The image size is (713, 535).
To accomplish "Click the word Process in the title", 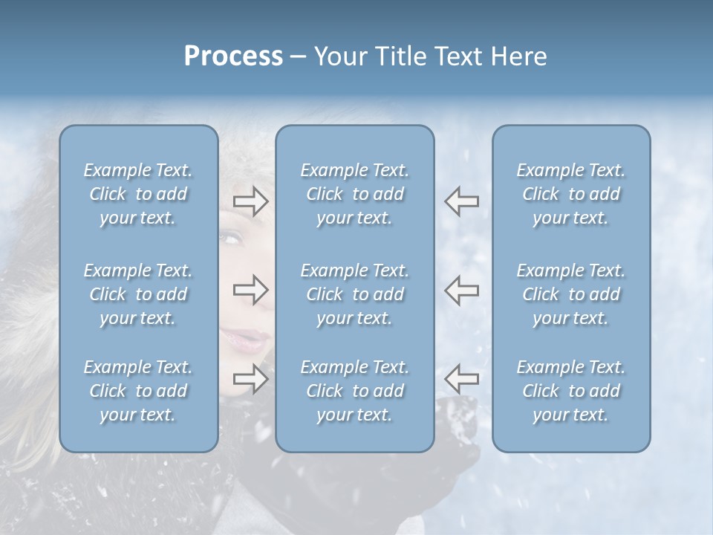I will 233,56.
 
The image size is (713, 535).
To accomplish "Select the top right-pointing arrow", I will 250,201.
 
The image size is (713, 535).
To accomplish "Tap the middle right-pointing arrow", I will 250,290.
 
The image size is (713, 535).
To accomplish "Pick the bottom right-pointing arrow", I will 250,379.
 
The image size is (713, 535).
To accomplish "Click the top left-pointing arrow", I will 462,201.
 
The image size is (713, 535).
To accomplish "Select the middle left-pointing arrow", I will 462,290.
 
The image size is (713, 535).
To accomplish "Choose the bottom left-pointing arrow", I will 462,379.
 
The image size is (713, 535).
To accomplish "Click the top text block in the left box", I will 138,194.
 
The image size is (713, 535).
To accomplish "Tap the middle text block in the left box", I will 138,294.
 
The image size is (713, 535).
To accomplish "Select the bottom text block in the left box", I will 138,391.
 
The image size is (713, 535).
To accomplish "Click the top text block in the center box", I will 354,194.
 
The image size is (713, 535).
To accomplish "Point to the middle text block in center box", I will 354,294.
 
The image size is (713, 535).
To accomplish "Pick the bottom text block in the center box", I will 354,391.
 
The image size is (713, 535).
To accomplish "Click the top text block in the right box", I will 570,194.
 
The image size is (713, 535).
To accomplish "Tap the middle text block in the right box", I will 570,294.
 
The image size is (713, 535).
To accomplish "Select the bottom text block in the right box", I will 570,391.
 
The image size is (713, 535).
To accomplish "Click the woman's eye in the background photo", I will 232,239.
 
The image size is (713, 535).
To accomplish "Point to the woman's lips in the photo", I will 245,340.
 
